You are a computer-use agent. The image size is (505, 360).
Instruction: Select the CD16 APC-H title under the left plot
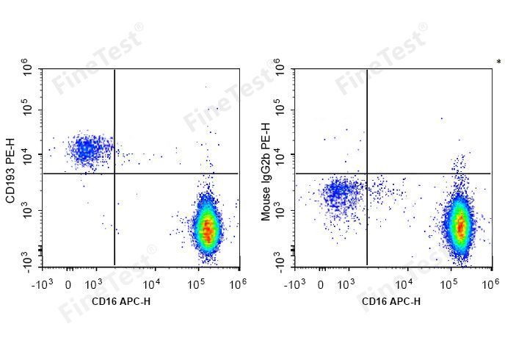pyautogui.click(x=122, y=301)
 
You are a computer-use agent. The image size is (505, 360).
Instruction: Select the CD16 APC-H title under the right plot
pyautogui.click(x=391, y=301)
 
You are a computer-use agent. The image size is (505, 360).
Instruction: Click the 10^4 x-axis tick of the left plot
pyautogui.click(x=152, y=283)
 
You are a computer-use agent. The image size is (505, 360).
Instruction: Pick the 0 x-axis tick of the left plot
pyautogui.click(x=68, y=283)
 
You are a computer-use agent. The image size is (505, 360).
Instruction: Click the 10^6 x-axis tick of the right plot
pyautogui.click(x=490, y=283)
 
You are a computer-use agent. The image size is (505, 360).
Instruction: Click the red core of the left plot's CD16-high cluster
pyautogui.click(x=208, y=228)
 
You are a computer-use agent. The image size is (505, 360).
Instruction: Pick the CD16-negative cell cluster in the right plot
pyautogui.click(x=339, y=194)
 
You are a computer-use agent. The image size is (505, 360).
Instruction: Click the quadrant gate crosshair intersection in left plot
pyautogui.click(x=115, y=173)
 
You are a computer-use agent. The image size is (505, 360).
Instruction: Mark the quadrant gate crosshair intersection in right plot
pyautogui.click(x=367, y=173)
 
